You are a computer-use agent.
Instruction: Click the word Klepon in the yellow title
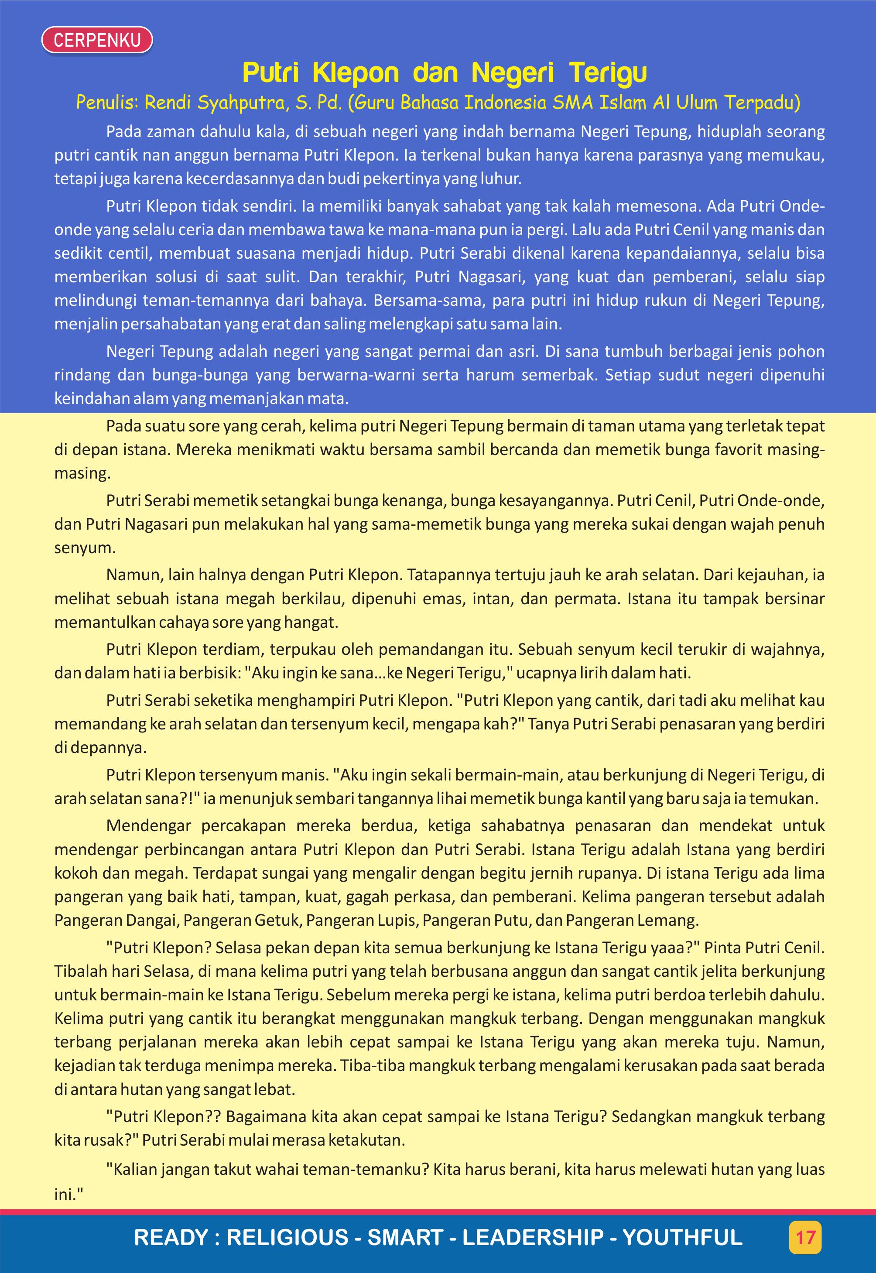click(356, 73)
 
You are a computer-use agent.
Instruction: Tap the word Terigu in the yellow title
click(608, 73)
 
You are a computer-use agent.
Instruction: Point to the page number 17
click(805, 1237)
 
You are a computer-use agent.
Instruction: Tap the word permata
click(587, 599)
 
